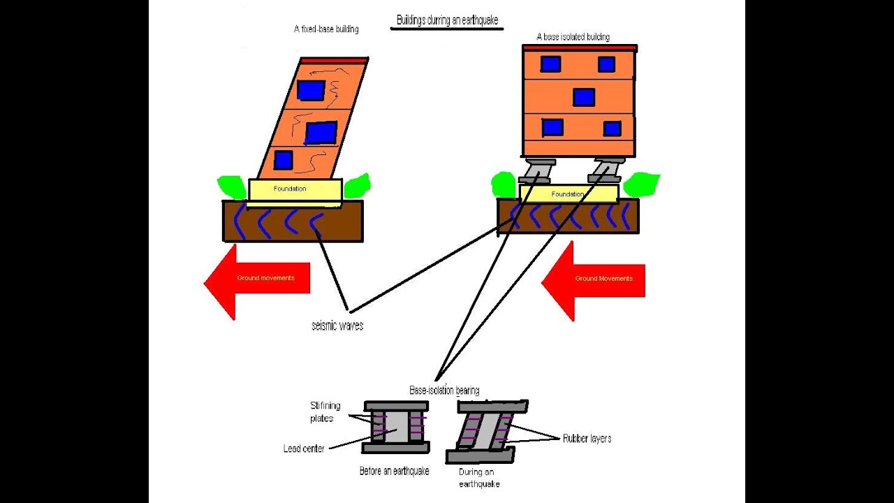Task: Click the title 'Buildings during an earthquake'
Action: pyautogui.click(x=447, y=20)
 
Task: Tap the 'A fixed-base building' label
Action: pyautogui.click(x=326, y=30)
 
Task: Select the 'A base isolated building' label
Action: pyautogui.click(x=573, y=37)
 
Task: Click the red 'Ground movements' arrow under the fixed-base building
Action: pyautogui.click(x=258, y=279)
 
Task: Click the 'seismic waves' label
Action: pyautogui.click(x=337, y=326)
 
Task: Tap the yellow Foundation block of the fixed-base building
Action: pyautogui.click(x=295, y=189)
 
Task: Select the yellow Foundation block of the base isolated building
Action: pyautogui.click(x=569, y=194)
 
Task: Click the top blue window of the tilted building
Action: pyautogui.click(x=311, y=90)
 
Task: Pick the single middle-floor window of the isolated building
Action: pyautogui.click(x=584, y=97)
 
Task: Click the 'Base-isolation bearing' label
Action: pyautogui.click(x=444, y=391)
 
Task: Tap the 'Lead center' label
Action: pyautogui.click(x=304, y=449)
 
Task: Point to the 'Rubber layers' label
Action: pyautogui.click(x=587, y=439)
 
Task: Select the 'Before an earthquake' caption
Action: pyautogui.click(x=394, y=472)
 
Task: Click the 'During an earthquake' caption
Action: pyautogui.click(x=479, y=478)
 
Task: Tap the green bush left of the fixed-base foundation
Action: pyautogui.click(x=230, y=186)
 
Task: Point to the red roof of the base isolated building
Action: pyautogui.click(x=580, y=48)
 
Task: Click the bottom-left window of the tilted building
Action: pyautogui.click(x=283, y=160)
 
